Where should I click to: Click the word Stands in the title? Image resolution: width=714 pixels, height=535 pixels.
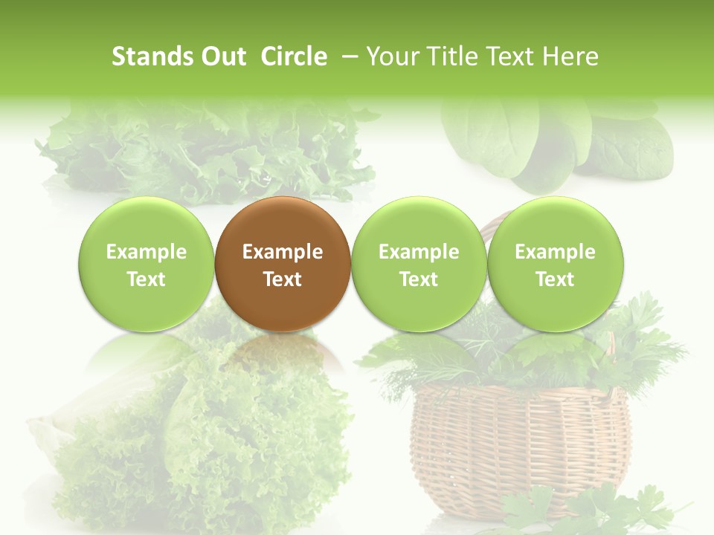tap(148, 56)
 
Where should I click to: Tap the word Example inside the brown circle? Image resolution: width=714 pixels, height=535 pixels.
tap(283, 252)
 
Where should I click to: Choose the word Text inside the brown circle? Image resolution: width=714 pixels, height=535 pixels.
tap(283, 279)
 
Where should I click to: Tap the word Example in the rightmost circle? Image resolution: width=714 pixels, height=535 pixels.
tap(555, 252)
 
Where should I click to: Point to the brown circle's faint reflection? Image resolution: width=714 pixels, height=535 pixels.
tap(283, 353)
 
